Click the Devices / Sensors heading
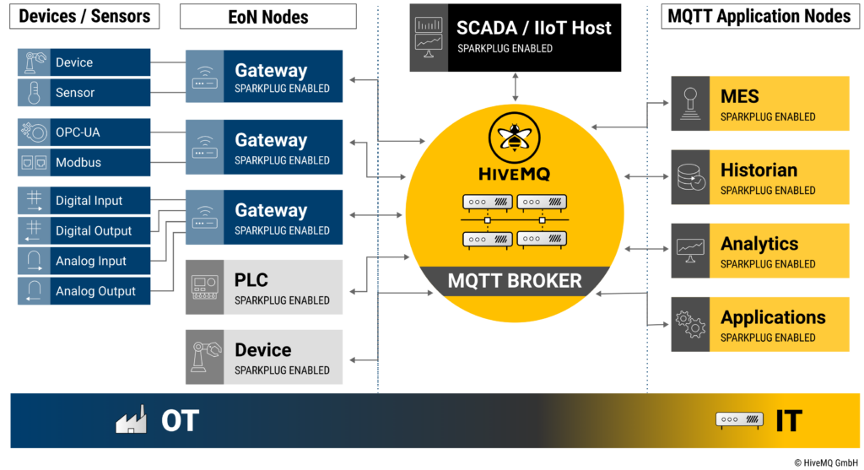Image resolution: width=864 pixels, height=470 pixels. pos(84,16)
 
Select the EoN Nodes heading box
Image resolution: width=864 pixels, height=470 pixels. pos(268,16)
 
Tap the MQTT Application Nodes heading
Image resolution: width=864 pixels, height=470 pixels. pos(759,16)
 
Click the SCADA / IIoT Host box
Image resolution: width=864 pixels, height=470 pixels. pos(515,37)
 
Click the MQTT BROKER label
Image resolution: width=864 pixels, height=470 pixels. pos(515,281)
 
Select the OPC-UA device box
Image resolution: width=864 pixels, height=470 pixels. pos(84,132)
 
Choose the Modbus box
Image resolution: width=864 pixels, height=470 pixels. pos(84,162)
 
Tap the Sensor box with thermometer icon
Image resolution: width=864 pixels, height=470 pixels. pos(84,93)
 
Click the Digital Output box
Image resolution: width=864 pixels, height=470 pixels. pos(84,230)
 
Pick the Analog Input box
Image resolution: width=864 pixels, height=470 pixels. pos(84,261)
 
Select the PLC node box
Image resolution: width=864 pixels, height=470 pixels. pos(264,288)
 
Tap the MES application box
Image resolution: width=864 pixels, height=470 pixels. pos(759,104)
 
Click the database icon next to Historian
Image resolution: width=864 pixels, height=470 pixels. pos(690,177)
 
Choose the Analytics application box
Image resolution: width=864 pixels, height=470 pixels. pos(759,251)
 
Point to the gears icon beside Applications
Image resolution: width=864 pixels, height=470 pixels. pos(690,324)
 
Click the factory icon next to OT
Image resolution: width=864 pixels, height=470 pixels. pos(132,420)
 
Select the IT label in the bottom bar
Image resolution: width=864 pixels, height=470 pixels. pos(788,420)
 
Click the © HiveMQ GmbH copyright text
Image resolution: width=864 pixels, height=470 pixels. pos(825,462)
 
